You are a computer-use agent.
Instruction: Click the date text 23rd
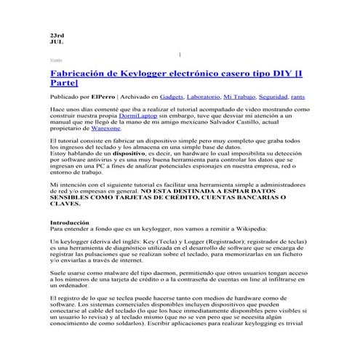(x=57, y=35)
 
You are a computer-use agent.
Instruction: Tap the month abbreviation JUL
(x=56, y=42)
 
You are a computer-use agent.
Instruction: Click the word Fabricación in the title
(x=79, y=74)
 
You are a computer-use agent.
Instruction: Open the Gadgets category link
(x=172, y=97)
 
